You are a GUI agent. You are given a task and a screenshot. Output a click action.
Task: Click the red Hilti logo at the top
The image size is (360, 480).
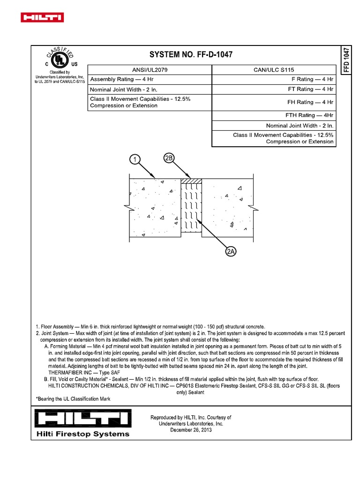coord(42,18)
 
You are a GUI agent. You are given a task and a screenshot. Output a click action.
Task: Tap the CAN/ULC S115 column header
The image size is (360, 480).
coord(274,69)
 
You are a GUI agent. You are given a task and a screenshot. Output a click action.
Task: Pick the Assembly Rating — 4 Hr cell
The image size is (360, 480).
coord(119,79)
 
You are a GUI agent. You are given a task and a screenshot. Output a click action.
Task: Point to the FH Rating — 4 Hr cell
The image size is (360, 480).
coord(311,102)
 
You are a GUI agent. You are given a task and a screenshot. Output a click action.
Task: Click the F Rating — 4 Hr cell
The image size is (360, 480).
coord(312,79)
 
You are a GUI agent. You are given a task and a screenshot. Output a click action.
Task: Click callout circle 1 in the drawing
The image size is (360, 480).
coord(135,160)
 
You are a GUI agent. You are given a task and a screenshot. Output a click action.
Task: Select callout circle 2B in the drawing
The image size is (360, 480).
coord(169,158)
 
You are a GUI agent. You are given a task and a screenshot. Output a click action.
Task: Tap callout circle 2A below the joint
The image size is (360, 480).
coord(231,252)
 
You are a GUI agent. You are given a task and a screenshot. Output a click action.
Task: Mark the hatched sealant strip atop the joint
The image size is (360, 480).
coord(192,180)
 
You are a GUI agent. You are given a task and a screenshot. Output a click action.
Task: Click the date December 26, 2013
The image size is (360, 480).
coord(190,430)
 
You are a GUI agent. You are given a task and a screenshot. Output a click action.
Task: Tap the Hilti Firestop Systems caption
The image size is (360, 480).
coord(83,434)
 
